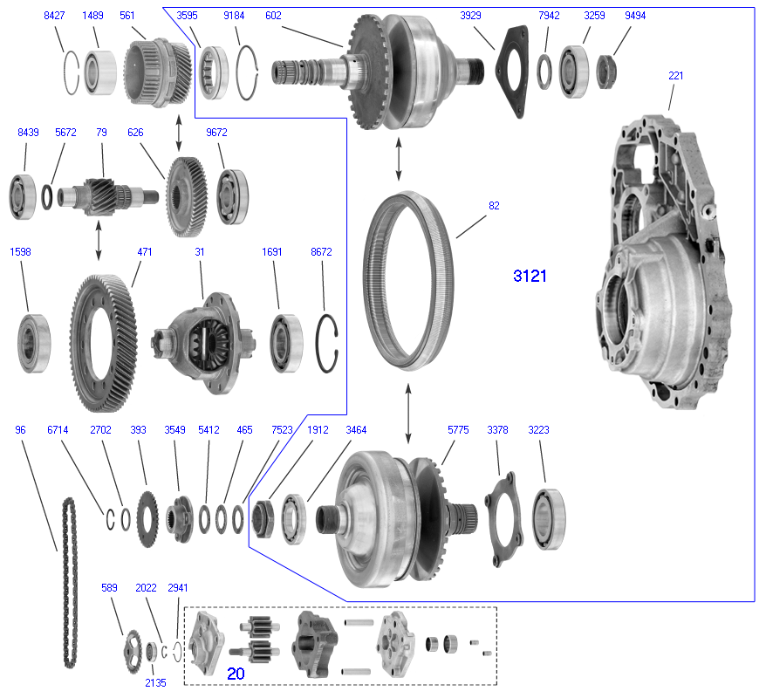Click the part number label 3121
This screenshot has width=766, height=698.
[x=530, y=277]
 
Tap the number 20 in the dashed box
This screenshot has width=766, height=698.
[x=236, y=674]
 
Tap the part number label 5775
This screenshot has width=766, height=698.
[x=458, y=430]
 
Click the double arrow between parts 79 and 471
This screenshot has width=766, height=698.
[x=98, y=241]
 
